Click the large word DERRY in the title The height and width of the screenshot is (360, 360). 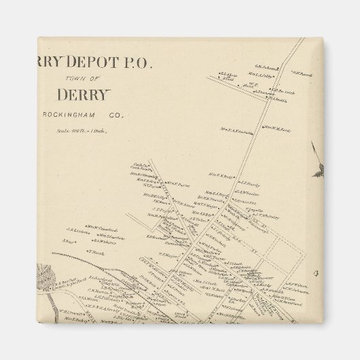(x=88, y=95)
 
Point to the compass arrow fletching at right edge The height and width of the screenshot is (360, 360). (x=317, y=170)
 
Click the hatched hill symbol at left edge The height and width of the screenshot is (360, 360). (x=47, y=277)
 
